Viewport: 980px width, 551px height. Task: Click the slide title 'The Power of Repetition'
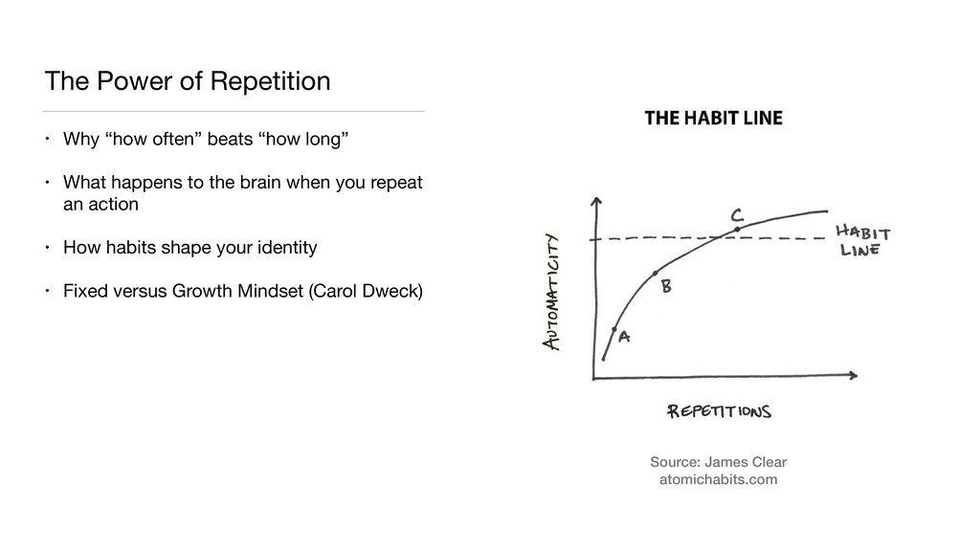click(x=188, y=81)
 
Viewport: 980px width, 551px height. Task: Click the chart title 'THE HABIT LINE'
click(x=713, y=119)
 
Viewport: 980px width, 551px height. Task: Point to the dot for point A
click(x=614, y=329)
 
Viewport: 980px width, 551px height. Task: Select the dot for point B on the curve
click(x=656, y=275)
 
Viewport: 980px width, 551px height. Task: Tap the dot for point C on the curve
click(x=737, y=230)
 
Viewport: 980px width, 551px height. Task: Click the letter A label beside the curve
click(x=625, y=337)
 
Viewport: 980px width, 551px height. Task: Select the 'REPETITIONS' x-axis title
click(x=719, y=411)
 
